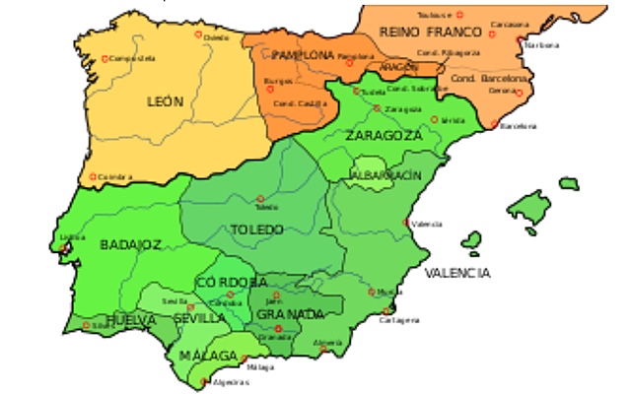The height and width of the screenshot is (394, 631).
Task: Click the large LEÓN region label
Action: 165,101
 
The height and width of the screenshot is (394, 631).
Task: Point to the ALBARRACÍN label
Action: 386,174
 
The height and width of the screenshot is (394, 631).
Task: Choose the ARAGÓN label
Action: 399,66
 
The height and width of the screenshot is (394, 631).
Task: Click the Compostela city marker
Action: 105,58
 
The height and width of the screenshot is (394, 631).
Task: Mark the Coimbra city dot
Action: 94,177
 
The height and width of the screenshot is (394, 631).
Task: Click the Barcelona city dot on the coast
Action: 495,125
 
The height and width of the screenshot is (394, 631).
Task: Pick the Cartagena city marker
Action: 385,312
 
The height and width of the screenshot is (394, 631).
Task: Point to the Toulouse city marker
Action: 456,15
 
